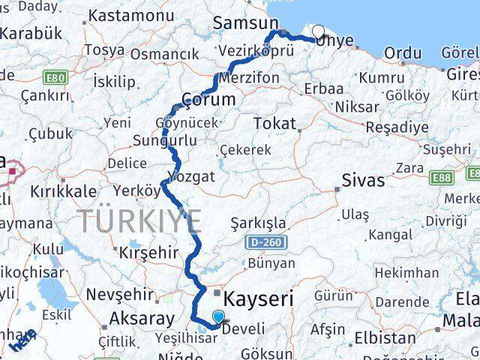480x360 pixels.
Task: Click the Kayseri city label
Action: pyautogui.click(x=260, y=298)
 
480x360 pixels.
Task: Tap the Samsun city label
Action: pyautogui.click(x=245, y=23)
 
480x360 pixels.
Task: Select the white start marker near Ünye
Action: pyautogui.click(x=318, y=32)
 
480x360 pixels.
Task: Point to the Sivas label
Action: pyautogui.click(x=363, y=180)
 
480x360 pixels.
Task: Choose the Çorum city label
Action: pyautogui.click(x=208, y=100)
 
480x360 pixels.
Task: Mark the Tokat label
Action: pyautogui.click(x=274, y=123)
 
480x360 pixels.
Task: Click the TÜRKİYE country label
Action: pyautogui.click(x=139, y=220)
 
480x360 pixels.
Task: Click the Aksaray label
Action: pyautogui.click(x=142, y=318)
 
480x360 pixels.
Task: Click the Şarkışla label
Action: pyautogui.click(x=258, y=223)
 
